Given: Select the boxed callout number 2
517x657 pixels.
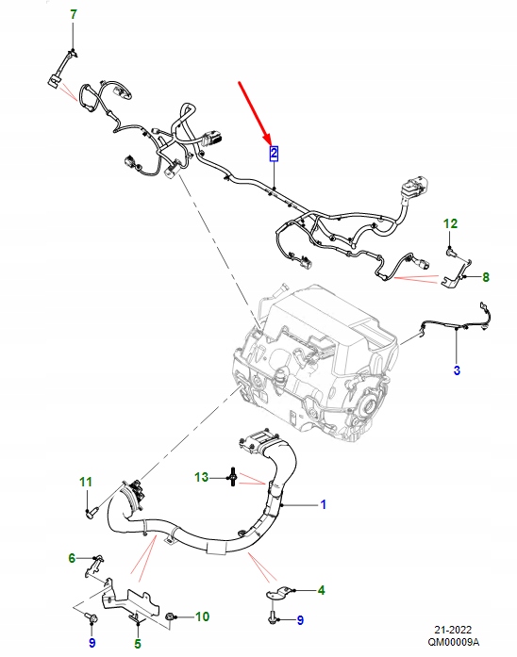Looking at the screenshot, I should tap(274, 152).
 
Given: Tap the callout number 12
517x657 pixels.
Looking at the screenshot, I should tap(450, 223).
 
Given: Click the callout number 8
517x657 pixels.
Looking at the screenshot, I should tap(486, 277).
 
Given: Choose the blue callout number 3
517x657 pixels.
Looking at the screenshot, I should tap(457, 370).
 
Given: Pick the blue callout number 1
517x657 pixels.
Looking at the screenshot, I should tap(323, 505).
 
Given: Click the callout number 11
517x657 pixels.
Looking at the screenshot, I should tap(86, 483).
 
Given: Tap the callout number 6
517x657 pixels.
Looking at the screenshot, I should tap(72, 559).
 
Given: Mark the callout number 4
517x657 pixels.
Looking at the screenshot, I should tap(321, 590).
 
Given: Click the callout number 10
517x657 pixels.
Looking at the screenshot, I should tap(202, 617).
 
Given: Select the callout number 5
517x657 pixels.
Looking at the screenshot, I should tap(137, 644).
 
